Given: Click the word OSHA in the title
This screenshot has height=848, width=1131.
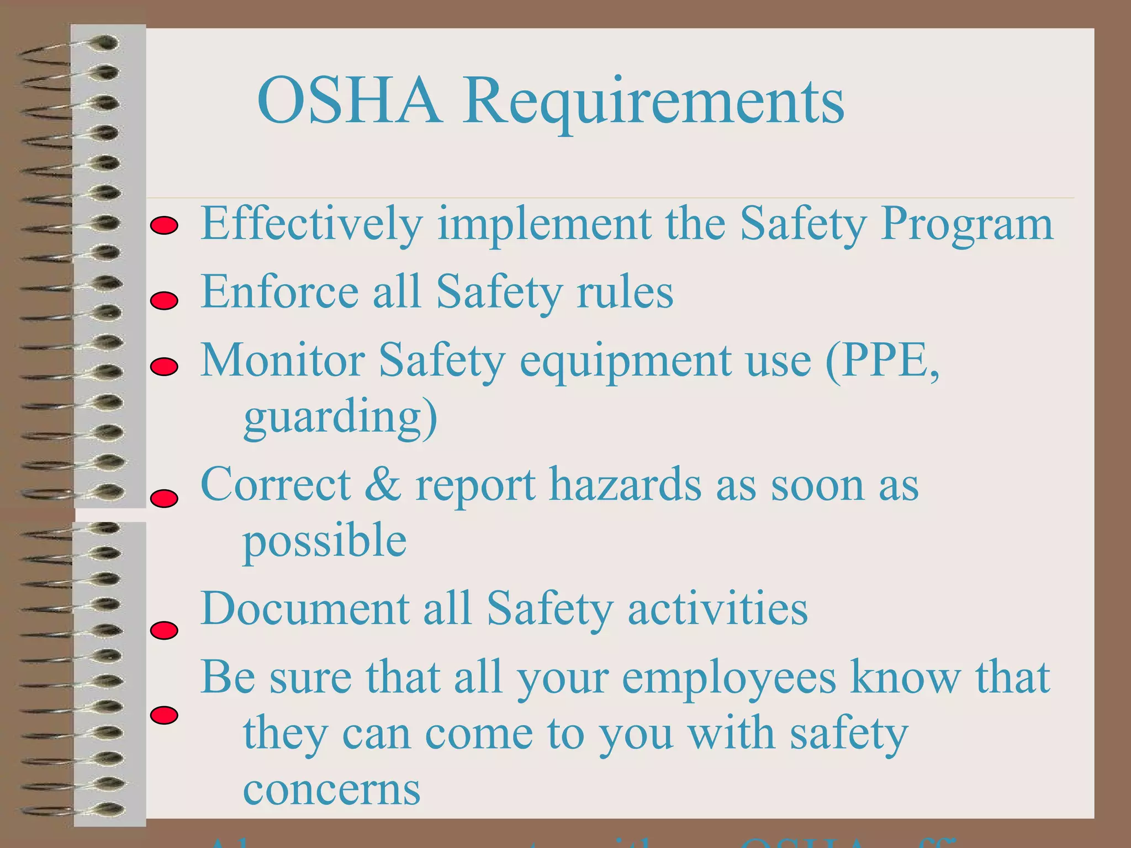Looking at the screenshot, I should (x=349, y=101).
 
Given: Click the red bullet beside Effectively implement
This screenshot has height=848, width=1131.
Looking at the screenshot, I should (x=164, y=226).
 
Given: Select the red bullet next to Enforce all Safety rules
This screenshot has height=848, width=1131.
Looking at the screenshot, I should (x=164, y=301).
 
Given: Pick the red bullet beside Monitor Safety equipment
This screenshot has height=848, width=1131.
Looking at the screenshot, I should (x=164, y=367).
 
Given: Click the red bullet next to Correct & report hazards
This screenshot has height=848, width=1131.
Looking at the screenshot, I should (x=164, y=499).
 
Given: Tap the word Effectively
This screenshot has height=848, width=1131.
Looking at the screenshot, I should (x=311, y=224).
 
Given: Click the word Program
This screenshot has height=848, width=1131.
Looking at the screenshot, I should (x=966, y=224).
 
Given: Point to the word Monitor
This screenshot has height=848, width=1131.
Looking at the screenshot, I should (x=282, y=360).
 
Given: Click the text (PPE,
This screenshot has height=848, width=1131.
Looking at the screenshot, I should (x=882, y=360).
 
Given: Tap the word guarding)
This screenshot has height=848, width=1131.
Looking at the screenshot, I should (x=340, y=417).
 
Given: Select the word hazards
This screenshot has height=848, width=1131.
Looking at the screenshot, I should (x=625, y=484).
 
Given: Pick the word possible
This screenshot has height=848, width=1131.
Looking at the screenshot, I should (x=325, y=541).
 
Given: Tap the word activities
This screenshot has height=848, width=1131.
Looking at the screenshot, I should (x=717, y=608).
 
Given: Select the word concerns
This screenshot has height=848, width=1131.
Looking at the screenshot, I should (x=331, y=789).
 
